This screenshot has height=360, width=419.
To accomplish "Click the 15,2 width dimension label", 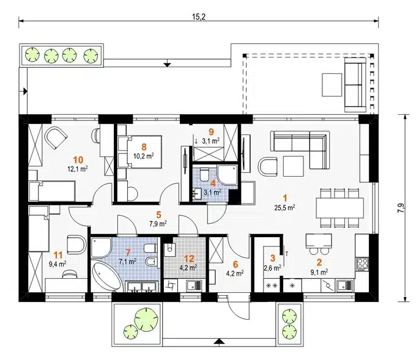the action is coord(199,17).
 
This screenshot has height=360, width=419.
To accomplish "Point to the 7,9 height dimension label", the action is coord(402,208).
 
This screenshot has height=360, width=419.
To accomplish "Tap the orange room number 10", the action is coord(78,160).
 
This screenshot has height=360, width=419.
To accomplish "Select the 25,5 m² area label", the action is coord(284,208).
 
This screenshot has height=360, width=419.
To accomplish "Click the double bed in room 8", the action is coord(139,152).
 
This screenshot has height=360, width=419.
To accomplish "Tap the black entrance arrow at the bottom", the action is coord(220,341).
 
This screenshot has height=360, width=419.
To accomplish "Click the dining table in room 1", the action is coord(339,208).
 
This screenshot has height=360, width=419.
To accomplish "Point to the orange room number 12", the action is coord(189,259).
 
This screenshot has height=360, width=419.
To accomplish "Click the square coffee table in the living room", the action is coord(294,166).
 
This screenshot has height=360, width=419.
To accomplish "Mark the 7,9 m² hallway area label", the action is coord(158,223).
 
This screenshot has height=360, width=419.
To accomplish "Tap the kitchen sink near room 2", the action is coord(345,285).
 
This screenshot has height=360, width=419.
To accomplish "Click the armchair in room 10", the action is coord(56,138).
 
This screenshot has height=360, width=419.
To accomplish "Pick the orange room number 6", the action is coord(235,264).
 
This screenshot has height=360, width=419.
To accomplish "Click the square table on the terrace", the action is coord(332,85).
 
